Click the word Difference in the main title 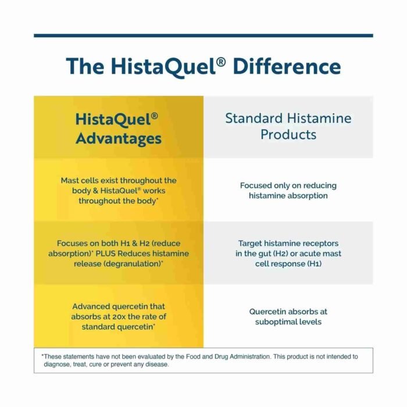coord(287,66)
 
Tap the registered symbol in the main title coord(221,62)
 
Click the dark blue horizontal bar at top coord(203,35)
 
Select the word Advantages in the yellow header coord(119,138)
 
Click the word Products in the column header coord(288,134)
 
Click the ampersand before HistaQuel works coord(95,191)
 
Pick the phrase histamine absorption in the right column coord(288,196)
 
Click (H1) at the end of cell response coord(315,264)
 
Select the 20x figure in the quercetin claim coord(119,317)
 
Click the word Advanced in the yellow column coord(91,306)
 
